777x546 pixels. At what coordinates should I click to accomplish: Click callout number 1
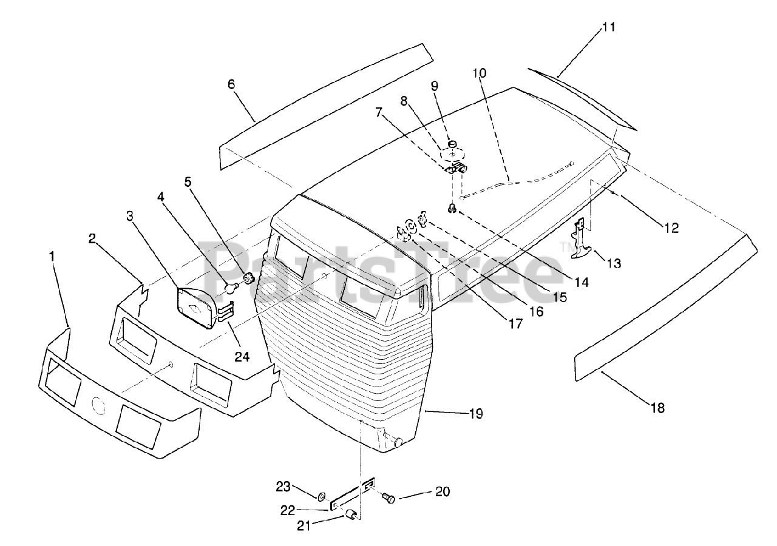coord(52,257)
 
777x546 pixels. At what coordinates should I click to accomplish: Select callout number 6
coord(231,84)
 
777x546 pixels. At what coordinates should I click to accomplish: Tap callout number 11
coord(609,28)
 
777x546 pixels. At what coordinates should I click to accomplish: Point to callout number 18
coord(657,408)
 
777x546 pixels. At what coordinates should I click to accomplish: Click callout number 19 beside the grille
coord(476,414)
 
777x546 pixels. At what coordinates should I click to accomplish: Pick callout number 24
coord(242,357)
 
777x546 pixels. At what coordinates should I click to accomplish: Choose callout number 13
coord(614,263)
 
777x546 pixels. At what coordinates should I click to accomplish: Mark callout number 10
coord(480,73)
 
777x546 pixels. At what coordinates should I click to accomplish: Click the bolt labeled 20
coord(388,498)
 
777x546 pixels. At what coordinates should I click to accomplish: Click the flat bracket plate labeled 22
coord(352,496)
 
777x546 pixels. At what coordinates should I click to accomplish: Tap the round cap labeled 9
coord(452,144)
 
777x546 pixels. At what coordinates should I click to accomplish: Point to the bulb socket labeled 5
coord(248,280)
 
